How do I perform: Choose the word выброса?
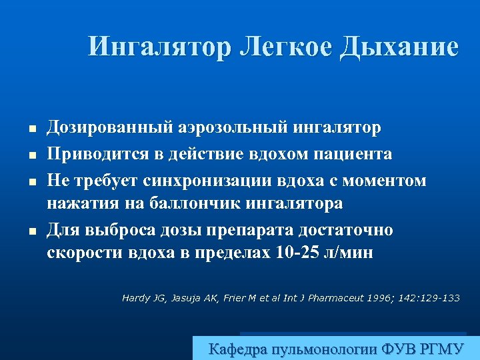click(123, 231)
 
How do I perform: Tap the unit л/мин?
click(355, 252)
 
